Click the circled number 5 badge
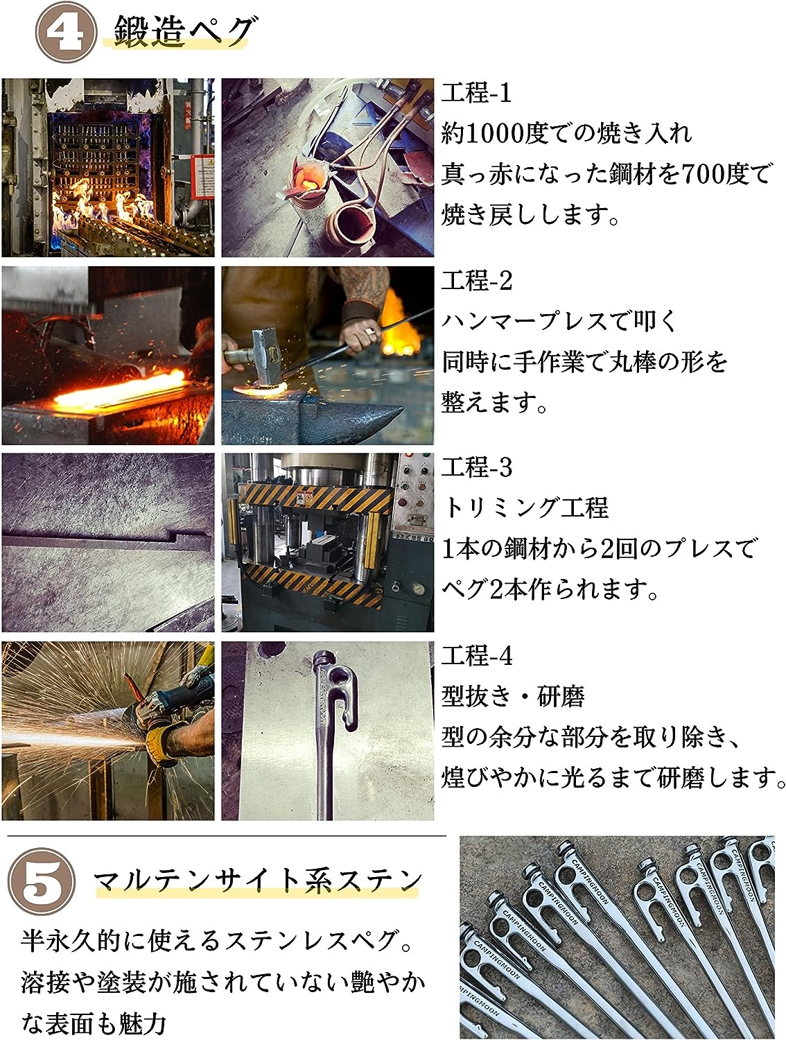tap(42, 887)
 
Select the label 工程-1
tap(476, 92)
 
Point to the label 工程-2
tap(477, 280)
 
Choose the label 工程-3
tap(477, 467)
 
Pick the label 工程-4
tap(477, 656)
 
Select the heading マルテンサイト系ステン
tap(257, 881)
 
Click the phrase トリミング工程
tap(525, 508)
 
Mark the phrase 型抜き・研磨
tap(513, 697)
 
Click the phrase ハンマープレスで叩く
tap(559, 321)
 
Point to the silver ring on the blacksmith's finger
tap(370, 331)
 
